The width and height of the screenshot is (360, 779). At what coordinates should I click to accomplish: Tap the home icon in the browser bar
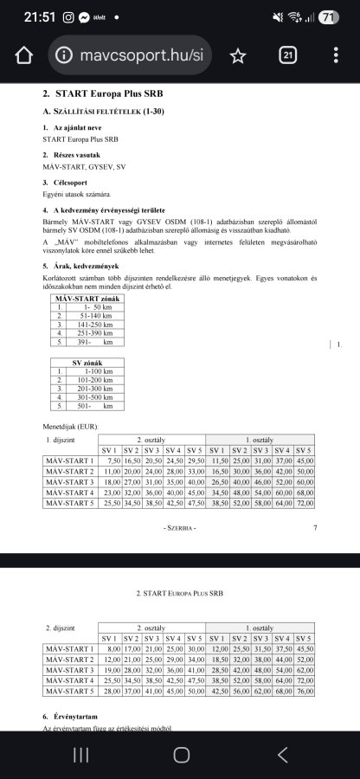[23, 55]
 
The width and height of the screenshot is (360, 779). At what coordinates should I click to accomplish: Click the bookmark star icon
[237, 55]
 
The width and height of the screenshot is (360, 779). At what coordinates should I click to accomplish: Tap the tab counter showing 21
[288, 55]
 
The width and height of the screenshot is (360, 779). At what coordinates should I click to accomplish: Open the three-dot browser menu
[336, 55]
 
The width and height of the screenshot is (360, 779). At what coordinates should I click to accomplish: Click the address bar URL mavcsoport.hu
[130, 55]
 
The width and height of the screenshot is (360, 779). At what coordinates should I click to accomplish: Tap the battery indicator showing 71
[328, 17]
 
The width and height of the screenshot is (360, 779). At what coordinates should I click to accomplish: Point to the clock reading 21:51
[39, 17]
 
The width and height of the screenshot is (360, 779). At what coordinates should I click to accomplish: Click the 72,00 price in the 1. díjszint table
[303, 503]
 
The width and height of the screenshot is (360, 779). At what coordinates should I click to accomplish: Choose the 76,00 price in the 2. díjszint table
[303, 690]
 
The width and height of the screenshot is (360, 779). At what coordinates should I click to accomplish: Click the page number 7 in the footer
[315, 527]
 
